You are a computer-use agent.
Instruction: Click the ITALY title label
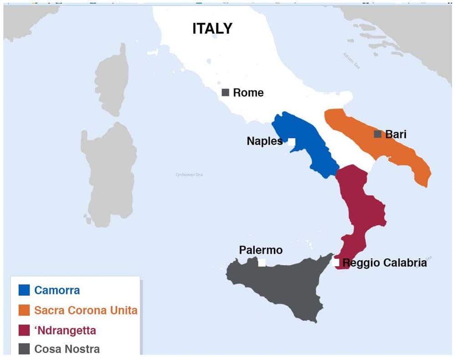[212, 29]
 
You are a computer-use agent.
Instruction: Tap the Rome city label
[248, 93]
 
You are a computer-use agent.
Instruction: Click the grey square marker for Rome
[225, 92]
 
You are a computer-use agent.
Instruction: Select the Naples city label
[264, 141]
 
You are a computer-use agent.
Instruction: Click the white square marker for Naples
[292, 142]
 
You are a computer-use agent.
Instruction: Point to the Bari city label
[395, 134]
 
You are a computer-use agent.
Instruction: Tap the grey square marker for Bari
[377, 134]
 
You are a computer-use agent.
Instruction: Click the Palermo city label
[261, 250]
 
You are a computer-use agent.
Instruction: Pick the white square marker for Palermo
[262, 263]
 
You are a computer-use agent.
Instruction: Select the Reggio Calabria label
[384, 263]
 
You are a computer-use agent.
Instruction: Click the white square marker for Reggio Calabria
[336, 263]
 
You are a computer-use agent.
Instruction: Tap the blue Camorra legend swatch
[24, 290]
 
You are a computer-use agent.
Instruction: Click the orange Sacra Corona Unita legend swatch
[24, 310]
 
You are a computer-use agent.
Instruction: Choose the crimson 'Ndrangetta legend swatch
[24, 330]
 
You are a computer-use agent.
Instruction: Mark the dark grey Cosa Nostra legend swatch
[24, 349]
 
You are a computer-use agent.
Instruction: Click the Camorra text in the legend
[57, 290]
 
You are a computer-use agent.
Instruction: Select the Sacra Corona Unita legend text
[86, 310]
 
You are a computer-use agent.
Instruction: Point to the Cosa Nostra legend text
[67, 349]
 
